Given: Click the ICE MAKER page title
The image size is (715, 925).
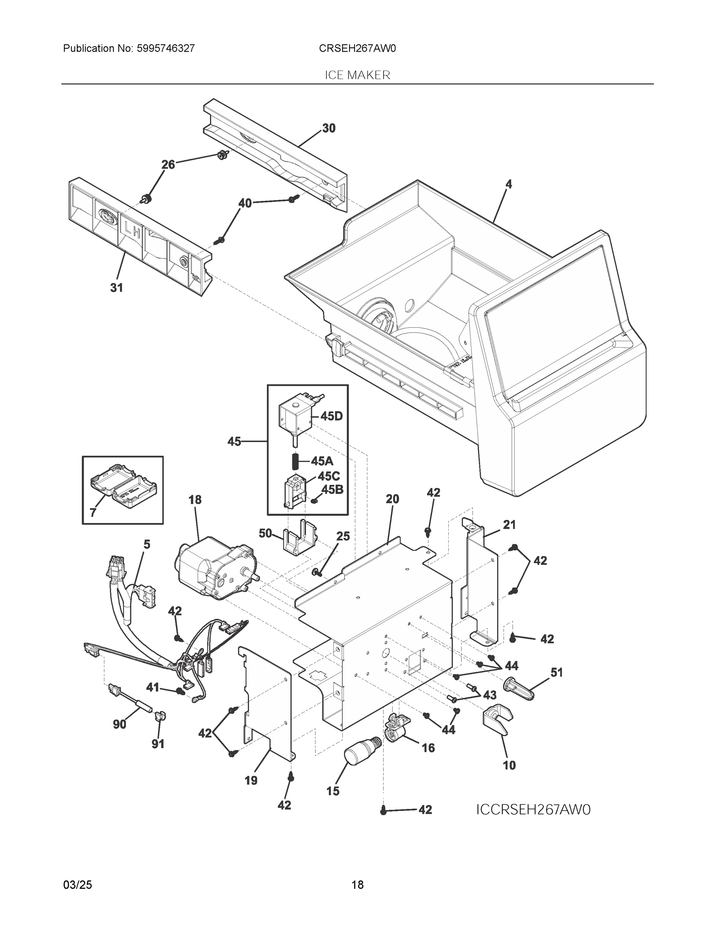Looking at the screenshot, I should (x=357, y=75).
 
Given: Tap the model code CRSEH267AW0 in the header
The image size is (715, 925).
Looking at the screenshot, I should (x=357, y=48).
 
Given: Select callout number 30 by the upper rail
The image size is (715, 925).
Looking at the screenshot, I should (x=329, y=128).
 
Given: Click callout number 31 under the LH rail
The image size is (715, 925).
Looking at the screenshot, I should (x=116, y=288).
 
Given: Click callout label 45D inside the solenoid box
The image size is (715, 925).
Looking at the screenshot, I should (x=331, y=416).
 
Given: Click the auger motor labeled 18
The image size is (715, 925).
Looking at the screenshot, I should (x=212, y=568).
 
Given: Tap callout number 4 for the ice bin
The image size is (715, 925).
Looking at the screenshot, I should (x=509, y=184).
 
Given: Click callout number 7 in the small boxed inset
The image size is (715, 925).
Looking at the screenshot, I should (x=93, y=513).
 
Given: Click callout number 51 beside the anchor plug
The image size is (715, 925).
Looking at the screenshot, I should (x=557, y=672).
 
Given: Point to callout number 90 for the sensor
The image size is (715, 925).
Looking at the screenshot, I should (x=119, y=724).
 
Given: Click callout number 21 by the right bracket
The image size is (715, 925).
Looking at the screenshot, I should (x=509, y=525).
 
